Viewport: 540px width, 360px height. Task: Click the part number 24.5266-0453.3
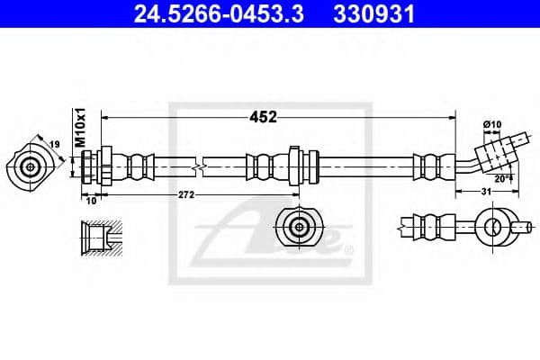click(208, 14)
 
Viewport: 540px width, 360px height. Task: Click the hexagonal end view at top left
click(31, 166)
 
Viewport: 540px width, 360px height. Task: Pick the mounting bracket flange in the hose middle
click(294, 166)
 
